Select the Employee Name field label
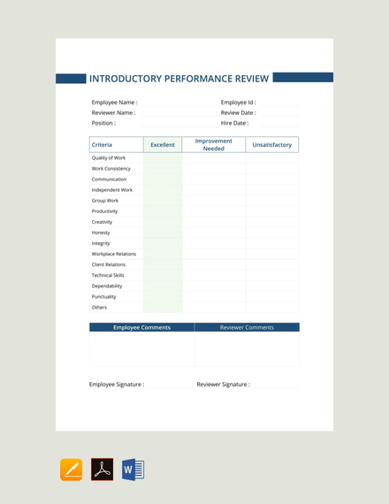click(114, 103)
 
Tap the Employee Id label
click(238, 103)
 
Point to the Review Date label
click(238, 113)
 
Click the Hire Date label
click(234, 124)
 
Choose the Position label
click(103, 124)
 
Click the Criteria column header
click(102, 144)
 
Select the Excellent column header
click(163, 144)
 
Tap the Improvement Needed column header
click(214, 144)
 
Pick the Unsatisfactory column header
click(272, 144)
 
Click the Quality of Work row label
click(109, 158)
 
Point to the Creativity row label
click(103, 222)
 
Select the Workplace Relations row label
click(114, 254)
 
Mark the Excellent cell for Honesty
click(163, 233)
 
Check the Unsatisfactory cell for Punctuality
click(272, 297)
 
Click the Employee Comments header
click(141, 327)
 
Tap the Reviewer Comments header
click(247, 327)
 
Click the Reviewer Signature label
click(223, 385)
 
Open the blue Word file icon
click(133, 470)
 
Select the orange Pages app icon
click(72, 470)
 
